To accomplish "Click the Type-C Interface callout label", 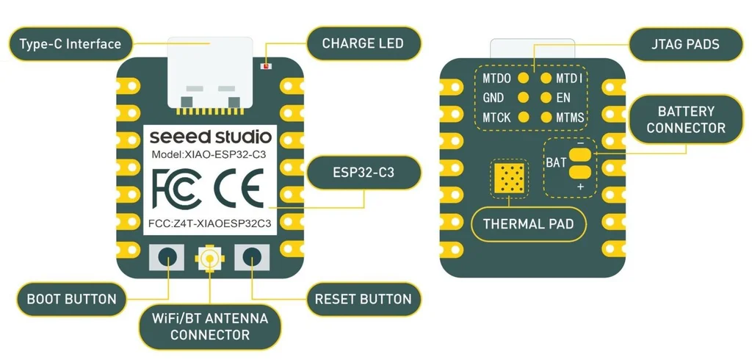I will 70,44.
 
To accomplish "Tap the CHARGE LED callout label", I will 362,44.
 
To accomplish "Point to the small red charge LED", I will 266,66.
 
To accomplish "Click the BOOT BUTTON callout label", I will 71,299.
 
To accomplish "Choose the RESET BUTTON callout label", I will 363,299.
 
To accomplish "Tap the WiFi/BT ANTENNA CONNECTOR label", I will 209,327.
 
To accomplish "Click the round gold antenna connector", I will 210,258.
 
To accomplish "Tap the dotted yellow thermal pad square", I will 510,179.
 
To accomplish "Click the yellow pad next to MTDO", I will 524,78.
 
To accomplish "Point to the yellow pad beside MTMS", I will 546,117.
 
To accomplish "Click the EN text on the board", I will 563,98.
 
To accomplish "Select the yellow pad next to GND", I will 524,98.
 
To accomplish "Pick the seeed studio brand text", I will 210,137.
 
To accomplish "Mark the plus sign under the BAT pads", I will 580,187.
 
